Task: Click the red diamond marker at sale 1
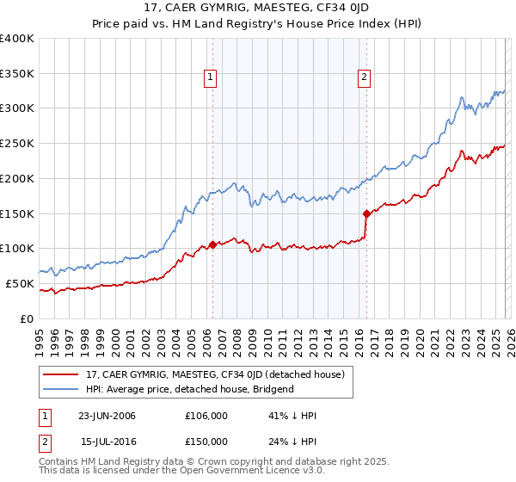click(x=212, y=244)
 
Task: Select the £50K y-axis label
click(x=20, y=283)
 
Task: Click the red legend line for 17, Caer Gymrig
click(x=61, y=374)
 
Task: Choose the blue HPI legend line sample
click(x=61, y=389)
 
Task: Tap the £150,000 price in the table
click(x=206, y=441)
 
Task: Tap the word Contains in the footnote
click(x=60, y=463)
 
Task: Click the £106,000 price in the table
click(x=206, y=416)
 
